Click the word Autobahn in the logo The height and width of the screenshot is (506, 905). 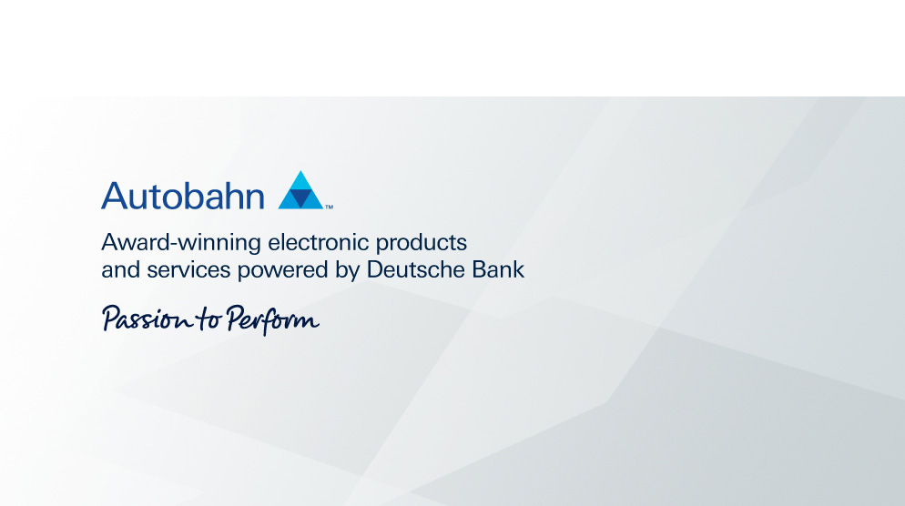183,196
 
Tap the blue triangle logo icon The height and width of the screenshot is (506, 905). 300,190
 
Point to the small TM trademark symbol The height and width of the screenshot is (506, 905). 329,207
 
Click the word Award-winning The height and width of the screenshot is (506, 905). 181,243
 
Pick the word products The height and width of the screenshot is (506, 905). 422,243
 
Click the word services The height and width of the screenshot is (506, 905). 188,270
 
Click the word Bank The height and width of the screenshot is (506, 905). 498,269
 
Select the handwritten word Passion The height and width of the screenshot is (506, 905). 147,319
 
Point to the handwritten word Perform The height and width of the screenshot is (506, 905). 272,319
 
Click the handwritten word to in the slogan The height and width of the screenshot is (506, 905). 208,319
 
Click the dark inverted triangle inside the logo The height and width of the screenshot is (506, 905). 300,198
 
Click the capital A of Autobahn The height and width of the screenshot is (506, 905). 115,195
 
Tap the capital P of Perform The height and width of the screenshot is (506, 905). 234,318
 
